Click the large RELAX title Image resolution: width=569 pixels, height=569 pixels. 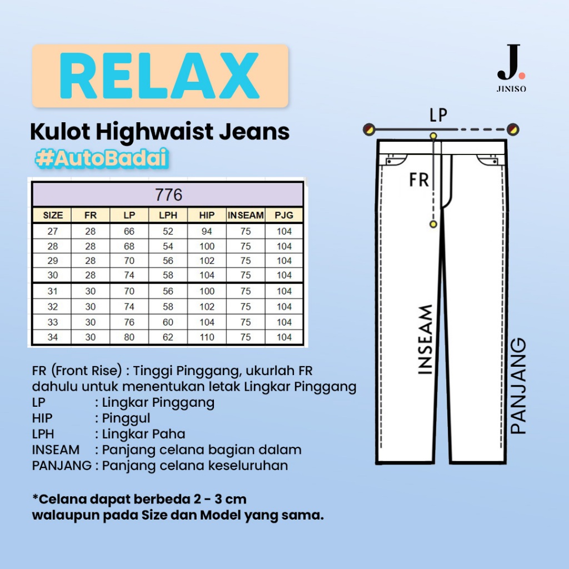(x=159, y=76)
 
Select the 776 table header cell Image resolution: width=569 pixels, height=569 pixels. (x=169, y=196)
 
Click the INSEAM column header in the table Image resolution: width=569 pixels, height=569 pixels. (x=245, y=216)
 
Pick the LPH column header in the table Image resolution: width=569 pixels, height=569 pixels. (x=168, y=216)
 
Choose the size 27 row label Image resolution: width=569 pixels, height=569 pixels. (x=53, y=231)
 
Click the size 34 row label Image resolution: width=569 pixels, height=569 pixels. (x=53, y=337)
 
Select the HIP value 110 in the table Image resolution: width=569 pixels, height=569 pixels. (x=207, y=337)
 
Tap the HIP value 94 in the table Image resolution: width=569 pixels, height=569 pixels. (x=207, y=231)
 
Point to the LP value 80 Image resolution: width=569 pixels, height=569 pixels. (x=129, y=337)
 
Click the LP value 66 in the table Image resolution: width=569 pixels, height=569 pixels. (x=129, y=231)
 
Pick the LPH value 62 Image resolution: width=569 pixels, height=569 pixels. (x=168, y=337)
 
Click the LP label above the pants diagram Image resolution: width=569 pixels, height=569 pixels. (x=438, y=115)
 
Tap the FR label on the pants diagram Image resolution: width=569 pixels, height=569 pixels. (x=419, y=180)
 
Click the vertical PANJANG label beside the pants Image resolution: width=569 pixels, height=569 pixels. (x=518, y=386)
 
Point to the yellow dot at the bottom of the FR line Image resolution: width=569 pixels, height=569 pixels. (x=433, y=223)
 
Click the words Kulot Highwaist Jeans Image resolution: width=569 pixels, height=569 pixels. (x=159, y=132)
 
